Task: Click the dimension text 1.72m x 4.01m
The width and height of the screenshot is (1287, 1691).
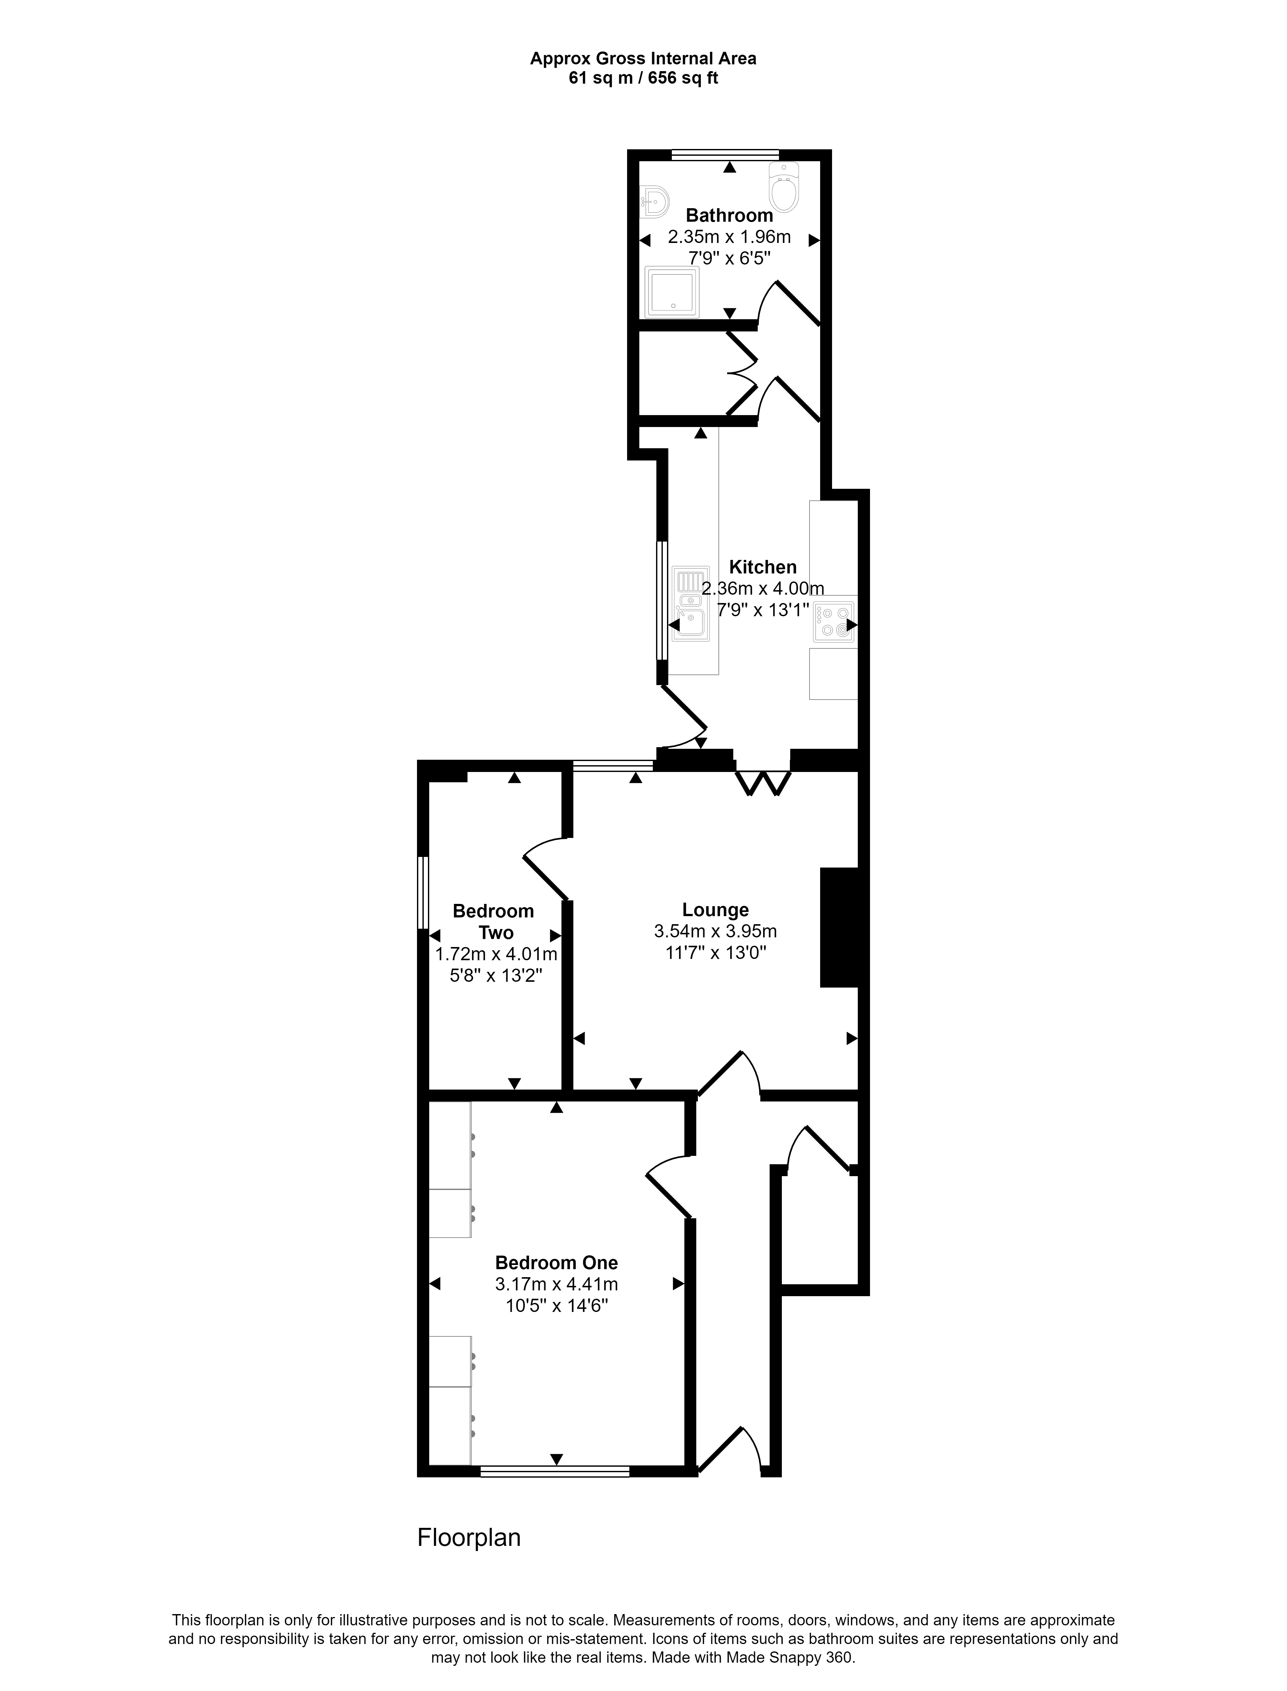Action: [495, 955]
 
